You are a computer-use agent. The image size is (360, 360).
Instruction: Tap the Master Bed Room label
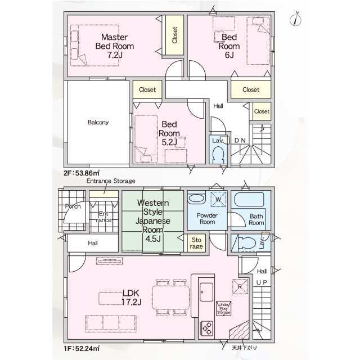coord(114,46)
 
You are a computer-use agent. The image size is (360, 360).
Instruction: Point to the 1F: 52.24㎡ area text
coord(82,349)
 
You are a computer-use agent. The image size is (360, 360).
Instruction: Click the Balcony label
coord(98,122)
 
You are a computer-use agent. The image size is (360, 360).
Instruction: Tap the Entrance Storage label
coord(110,181)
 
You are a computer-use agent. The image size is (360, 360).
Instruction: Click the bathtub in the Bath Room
coord(248,201)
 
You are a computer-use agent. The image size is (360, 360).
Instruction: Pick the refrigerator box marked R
coord(240,286)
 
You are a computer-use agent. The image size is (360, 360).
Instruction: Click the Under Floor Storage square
coord(223,309)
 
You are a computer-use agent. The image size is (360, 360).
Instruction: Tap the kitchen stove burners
coord(206,326)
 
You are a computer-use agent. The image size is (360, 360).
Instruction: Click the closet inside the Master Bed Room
coord(174,35)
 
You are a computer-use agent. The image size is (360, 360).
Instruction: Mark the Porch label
coord(73,206)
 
